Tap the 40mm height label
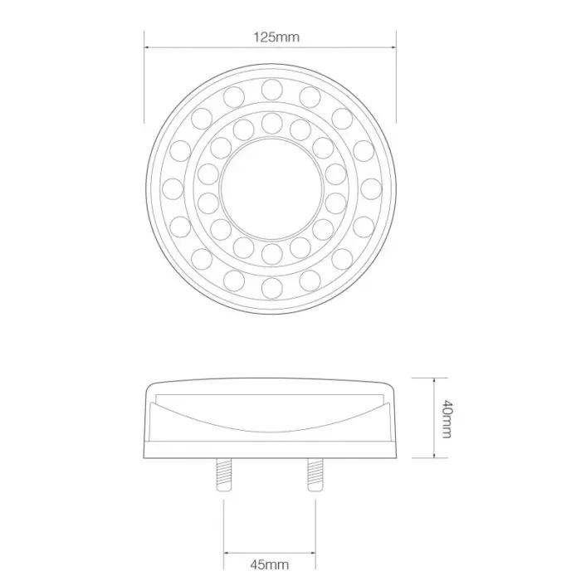446,419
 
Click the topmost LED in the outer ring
270,87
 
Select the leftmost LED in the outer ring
172,187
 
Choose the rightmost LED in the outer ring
369,187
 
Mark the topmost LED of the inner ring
270,123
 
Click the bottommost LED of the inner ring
270,251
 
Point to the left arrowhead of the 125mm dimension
148,49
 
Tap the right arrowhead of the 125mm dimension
393,49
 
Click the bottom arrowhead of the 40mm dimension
435,457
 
